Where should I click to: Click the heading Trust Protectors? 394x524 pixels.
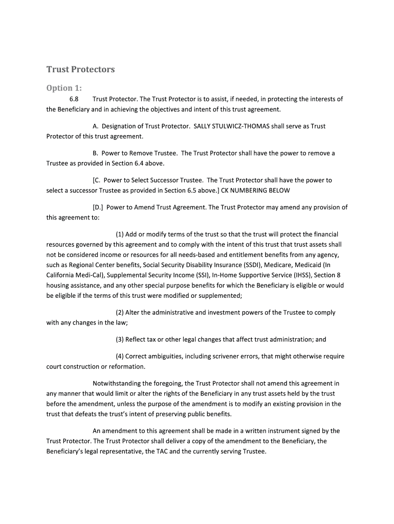coord(80,69)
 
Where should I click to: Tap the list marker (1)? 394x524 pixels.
coord(120,234)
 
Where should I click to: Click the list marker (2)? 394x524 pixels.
coord(120,312)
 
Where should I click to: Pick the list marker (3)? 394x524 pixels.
coord(120,339)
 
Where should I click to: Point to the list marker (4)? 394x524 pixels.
coord(120,356)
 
